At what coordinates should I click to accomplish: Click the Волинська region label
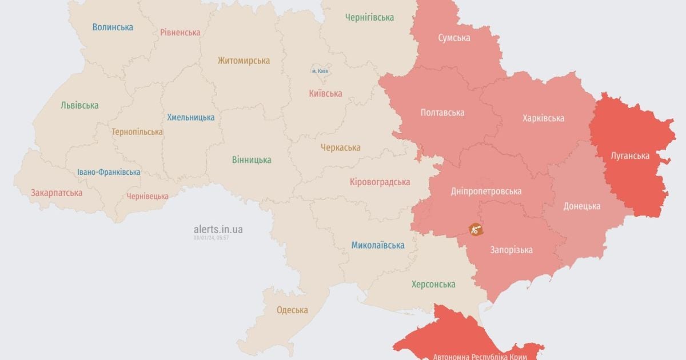(113, 27)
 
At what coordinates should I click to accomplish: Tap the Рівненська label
(180, 32)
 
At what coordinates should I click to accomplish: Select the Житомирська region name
(244, 61)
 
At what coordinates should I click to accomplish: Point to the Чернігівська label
(369, 17)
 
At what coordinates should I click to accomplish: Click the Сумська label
(454, 38)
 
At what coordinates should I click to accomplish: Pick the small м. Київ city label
(320, 71)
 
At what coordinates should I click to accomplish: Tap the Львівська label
(79, 105)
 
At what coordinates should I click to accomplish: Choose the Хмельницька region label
(191, 117)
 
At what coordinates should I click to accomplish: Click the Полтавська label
(442, 113)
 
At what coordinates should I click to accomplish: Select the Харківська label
(543, 118)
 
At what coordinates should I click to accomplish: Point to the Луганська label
(629, 155)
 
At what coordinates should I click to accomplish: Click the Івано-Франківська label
(109, 172)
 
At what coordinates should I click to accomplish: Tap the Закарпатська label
(57, 193)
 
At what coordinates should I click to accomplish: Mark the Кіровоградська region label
(380, 182)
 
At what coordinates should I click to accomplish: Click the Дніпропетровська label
(486, 191)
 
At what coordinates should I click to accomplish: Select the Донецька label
(581, 206)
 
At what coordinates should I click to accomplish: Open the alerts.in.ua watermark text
(218, 229)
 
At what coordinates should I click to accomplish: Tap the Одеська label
(292, 310)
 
